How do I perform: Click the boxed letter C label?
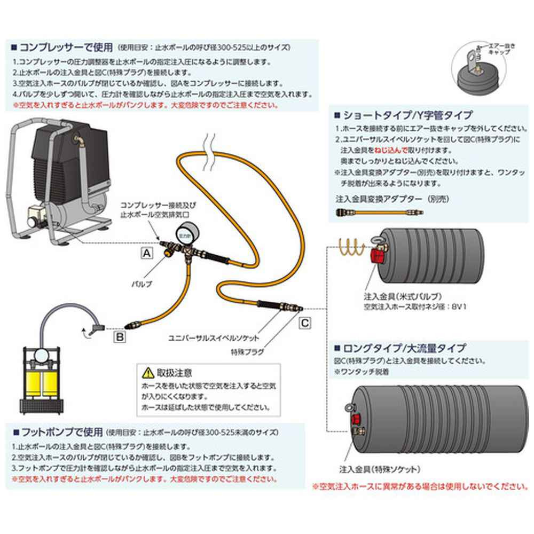pos(303,322)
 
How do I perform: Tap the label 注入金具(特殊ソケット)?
pos(379,470)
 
